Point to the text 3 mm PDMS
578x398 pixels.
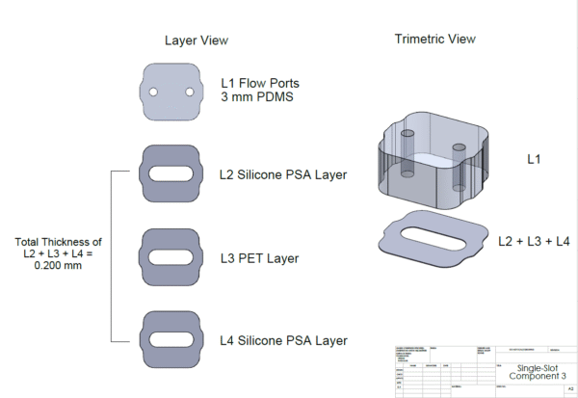tap(257, 97)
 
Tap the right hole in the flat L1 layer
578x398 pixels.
tap(190, 92)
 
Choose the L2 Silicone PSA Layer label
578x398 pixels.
tap(283, 174)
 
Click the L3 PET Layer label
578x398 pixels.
tap(259, 258)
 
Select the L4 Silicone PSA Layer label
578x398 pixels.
tap(283, 340)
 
